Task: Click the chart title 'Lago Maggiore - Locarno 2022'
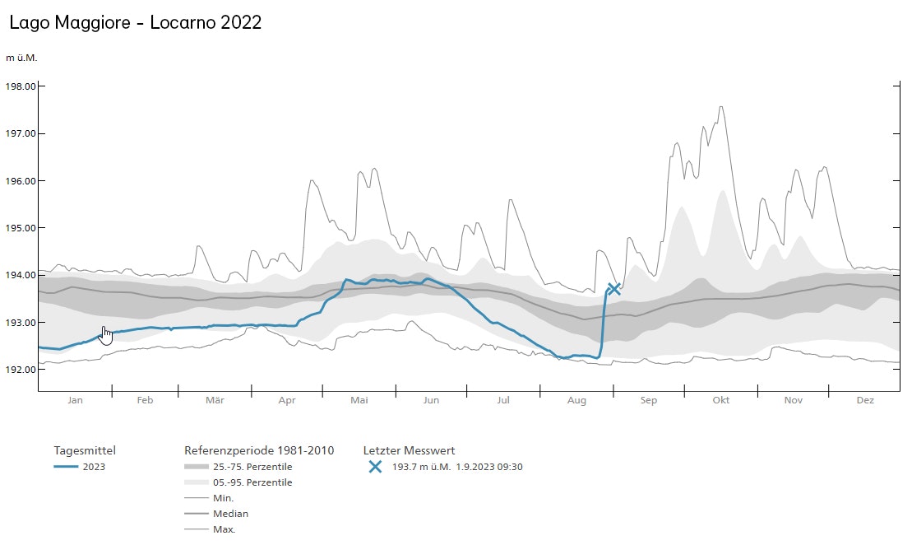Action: (x=136, y=23)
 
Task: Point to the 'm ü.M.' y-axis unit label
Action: (x=21, y=58)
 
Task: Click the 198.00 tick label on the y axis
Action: (x=21, y=86)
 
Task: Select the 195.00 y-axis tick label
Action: (x=21, y=228)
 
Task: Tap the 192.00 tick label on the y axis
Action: (x=21, y=370)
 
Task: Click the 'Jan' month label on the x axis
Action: (x=75, y=401)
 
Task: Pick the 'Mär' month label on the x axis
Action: (x=215, y=401)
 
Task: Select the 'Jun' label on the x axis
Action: (x=431, y=401)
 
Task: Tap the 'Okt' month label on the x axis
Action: (x=721, y=401)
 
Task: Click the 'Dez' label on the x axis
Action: (x=865, y=401)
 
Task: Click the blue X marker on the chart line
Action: (x=613, y=288)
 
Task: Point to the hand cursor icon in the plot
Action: (x=106, y=335)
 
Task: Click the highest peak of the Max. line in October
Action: (x=721, y=106)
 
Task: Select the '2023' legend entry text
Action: (x=94, y=468)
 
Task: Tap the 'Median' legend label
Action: (x=230, y=514)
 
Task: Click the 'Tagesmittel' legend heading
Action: (x=85, y=450)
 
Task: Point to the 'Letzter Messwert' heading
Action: (x=409, y=450)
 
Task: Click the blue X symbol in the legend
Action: (x=375, y=467)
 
